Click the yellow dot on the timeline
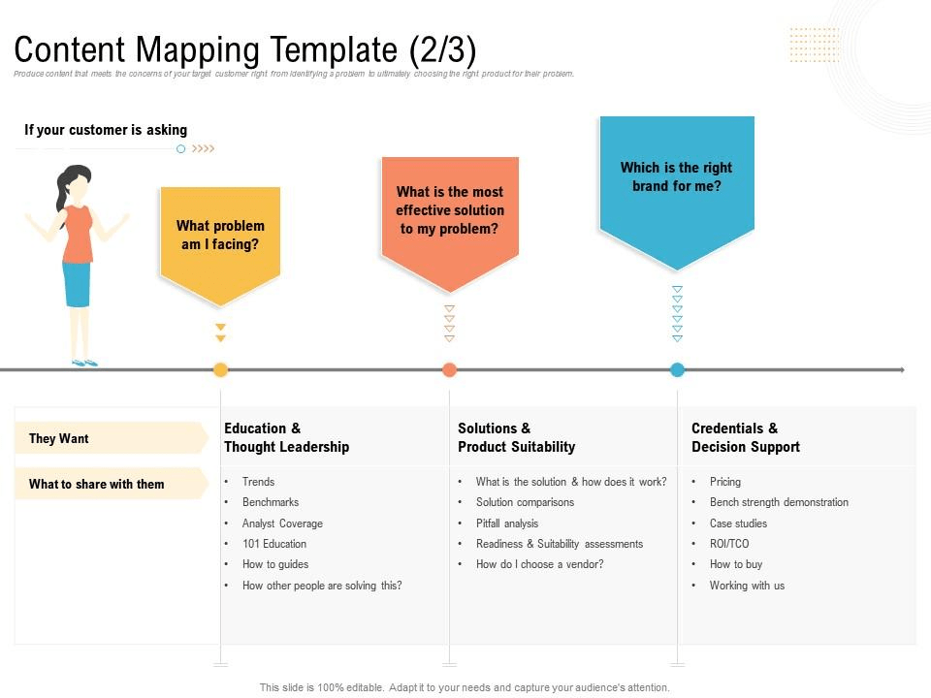pos(220,369)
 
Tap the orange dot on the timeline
pos(449,369)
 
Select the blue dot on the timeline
pos(677,369)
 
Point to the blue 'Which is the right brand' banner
pos(677,191)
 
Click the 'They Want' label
pos(59,438)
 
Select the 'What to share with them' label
pos(97,484)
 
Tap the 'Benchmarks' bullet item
pos(271,502)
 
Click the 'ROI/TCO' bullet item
pos(729,544)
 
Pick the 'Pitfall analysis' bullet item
pos(507,523)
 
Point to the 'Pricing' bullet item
pos(725,482)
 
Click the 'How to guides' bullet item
pos(275,564)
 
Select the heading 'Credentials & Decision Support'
pos(746,437)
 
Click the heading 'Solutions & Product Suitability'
pos(517,437)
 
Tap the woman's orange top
pos(78,234)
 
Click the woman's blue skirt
pos(78,284)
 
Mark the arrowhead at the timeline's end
pos(902,369)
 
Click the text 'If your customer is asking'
pos(106,130)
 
